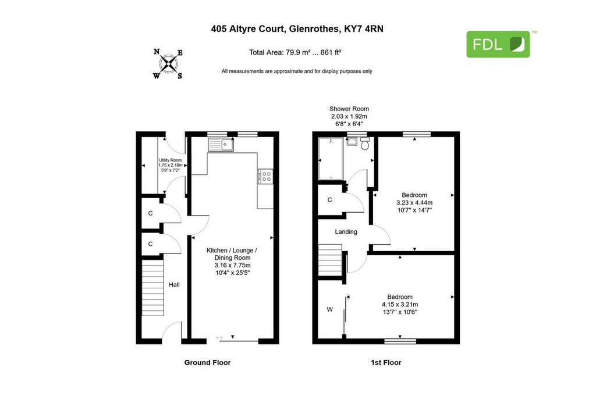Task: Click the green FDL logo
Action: [498, 44]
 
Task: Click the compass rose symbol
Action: [168, 64]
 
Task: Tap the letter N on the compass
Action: [156, 52]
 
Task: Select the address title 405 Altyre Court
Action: [248, 29]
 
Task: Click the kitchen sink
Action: [221, 145]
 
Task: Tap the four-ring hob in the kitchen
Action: [265, 176]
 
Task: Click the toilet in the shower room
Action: [365, 144]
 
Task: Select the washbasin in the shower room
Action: [352, 141]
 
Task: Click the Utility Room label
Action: [171, 160]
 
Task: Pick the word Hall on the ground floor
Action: [174, 285]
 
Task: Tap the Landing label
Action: [346, 231]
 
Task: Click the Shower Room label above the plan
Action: [349, 109]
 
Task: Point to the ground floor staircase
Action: [153, 288]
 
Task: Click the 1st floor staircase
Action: [330, 260]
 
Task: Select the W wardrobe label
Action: [329, 309]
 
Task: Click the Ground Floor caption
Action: [208, 363]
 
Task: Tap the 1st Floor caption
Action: [386, 363]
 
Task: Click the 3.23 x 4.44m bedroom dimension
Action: [414, 203]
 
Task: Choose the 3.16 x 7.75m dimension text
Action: [232, 265]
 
